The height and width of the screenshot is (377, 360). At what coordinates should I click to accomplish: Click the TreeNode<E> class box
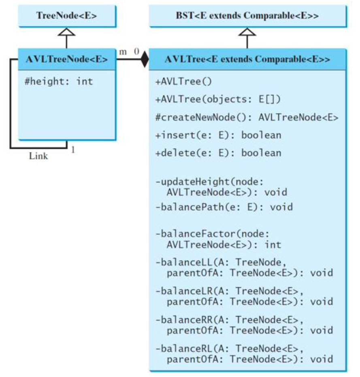pos(66,16)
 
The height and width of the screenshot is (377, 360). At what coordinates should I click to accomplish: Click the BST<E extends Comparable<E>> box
pos(247,16)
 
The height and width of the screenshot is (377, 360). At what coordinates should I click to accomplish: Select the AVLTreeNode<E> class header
pos(66,60)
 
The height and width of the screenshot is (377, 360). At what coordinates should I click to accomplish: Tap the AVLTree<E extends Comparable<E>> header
pos(247,60)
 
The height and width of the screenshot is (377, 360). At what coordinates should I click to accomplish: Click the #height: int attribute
pos(59,81)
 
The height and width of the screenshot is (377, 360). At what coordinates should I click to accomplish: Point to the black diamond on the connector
pos(144,60)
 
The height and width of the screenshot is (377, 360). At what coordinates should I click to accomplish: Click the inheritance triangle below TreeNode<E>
pos(66,32)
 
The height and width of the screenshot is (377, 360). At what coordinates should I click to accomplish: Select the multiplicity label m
pos(123,52)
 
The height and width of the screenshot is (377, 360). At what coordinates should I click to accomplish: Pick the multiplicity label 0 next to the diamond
pos(136,52)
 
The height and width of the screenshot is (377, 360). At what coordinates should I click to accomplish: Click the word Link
pos(38,156)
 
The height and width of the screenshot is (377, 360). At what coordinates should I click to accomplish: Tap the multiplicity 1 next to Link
pos(73,150)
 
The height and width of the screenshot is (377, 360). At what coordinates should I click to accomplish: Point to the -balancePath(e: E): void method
pos(224,207)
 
